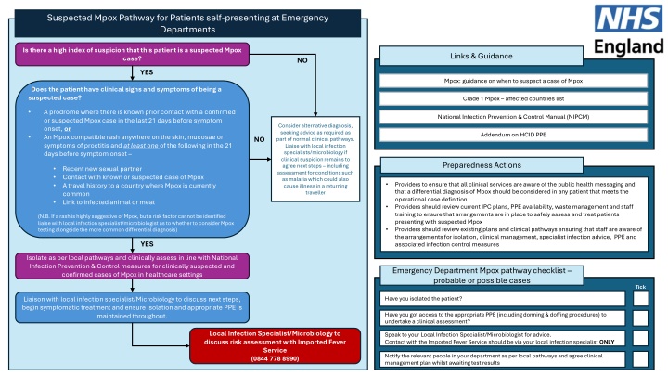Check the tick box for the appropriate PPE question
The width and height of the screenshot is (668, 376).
(640, 317)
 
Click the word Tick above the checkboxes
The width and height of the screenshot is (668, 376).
(639, 286)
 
